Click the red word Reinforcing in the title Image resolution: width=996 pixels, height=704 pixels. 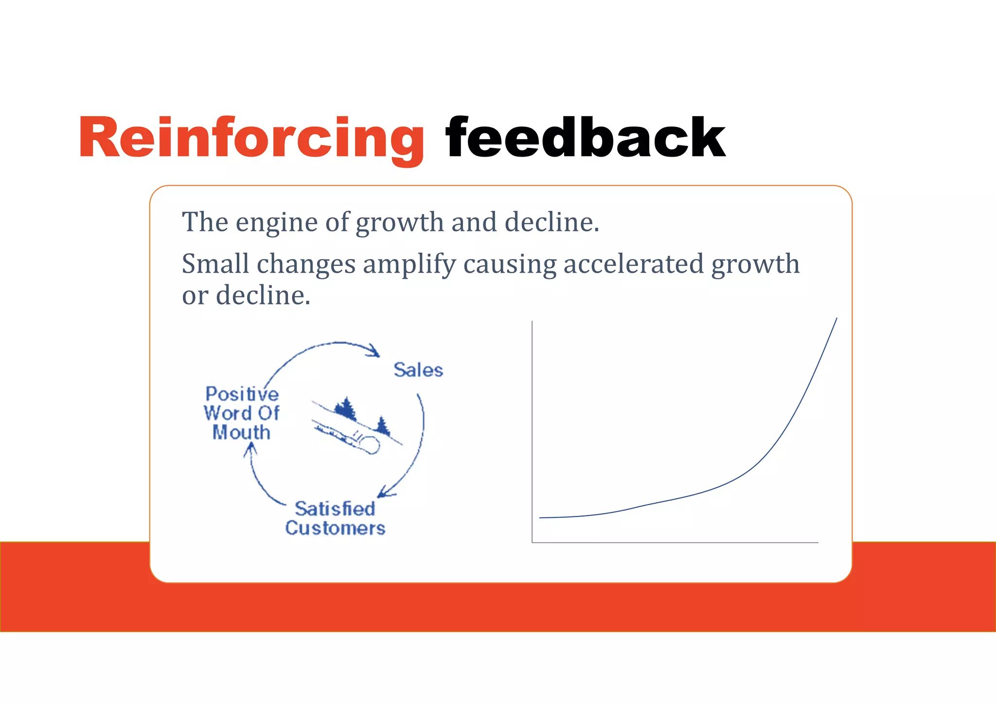coord(251,139)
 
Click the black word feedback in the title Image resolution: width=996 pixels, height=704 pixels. coord(585,139)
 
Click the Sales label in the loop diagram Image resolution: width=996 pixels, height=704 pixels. coord(418,370)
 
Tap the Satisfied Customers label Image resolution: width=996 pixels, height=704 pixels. coord(335,518)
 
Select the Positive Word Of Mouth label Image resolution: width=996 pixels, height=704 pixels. coord(242,413)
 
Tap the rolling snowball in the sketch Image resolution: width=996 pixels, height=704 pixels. coord(369,444)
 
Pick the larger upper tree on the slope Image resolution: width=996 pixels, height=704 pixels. coord(346,408)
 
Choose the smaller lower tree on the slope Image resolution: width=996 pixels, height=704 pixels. coord(383,426)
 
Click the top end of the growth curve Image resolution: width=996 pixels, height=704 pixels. coord(836,320)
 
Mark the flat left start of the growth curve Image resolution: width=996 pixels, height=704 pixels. coord(550,517)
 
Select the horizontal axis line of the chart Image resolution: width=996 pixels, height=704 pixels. coord(676,542)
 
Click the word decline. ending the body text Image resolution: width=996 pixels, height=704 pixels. coord(263,296)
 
